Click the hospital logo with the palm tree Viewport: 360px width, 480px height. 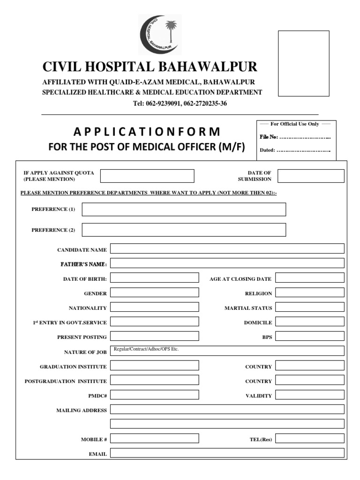tap(159, 35)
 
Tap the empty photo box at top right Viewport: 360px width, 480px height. tap(303, 63)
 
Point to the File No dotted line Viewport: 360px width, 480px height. tap(305, 137)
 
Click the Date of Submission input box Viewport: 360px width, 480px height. tap(310, 176)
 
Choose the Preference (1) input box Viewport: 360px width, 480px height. tap(184, 210)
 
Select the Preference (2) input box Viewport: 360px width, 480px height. tap(184, 230)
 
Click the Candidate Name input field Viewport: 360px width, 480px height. tap(227, 248)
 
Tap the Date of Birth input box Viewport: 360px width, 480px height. tap(154, 277)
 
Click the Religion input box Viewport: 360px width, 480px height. tap(309, 292)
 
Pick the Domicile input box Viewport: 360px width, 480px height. tap(309, 322)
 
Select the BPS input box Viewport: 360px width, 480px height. tap(309, 336)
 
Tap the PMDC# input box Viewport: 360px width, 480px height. tap(154, 395)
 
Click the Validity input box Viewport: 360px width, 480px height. tap(309, 395)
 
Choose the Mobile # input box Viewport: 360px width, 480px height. tap(154, 438)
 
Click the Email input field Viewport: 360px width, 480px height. tap(227, 453)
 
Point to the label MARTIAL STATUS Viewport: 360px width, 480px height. tap(248, 308)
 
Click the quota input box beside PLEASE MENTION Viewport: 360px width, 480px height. tap(147, 176)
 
